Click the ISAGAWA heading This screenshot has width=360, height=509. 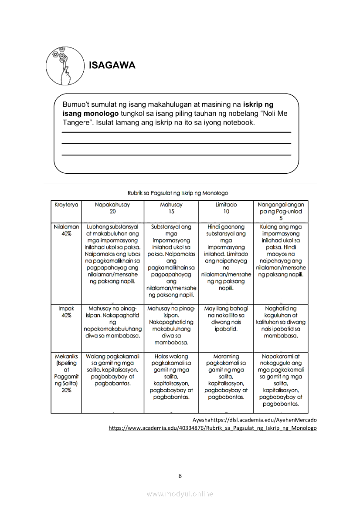pyautogui.click(x=112, y=65)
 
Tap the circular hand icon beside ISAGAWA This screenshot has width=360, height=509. pyautogui.click(x=65, y=66)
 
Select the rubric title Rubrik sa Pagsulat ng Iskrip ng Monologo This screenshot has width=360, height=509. pyautogui.click(x=177, y=192)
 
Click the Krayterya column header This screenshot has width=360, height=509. pyautogui.click(x=66, y=205)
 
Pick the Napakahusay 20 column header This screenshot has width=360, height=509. pyautogui.click(x=112, y=208)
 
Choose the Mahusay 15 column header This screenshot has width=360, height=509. pyautogui.click(x=171, y=208)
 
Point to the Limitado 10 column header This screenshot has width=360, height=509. pyautogui.click(x=226, y=208)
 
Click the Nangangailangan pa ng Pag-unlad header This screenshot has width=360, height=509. pyautogui.click(x=281, y=211)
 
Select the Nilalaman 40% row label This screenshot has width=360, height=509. pyautogui.click(x=66, y=230)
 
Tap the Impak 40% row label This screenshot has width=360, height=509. pyautogui.click(x=66, y=312)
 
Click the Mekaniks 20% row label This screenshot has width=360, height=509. pyautogui.click(x=66, y=373)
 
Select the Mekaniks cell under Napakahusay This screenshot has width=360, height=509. pyautogui.click(x=112, y=370)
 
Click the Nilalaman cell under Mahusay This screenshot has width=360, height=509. pyautogui.click(x=171, y=261)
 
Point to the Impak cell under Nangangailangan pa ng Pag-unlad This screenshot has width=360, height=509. pyautogui.click(x=281, y=322)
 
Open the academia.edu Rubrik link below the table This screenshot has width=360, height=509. pyautogui.click(x=213, y=428)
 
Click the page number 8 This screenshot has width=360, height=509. pyautogui.click(x=180, y=475)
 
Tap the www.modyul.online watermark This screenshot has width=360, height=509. pyautogui.click(x=180, y=494)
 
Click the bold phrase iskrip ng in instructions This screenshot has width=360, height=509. pyautogui.click(x=258, y=104)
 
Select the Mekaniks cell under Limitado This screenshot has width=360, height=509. pyautogui.click(x=226, y=376)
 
